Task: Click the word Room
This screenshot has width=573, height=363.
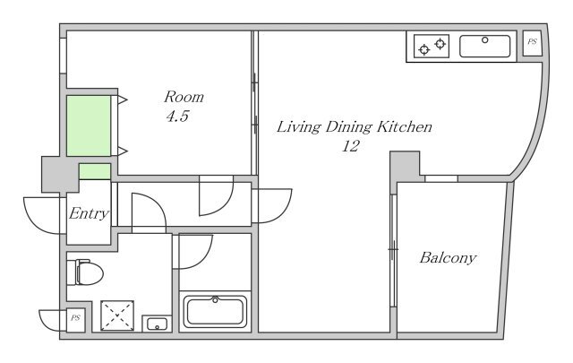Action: pos(184,97)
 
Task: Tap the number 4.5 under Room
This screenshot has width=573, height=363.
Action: pos(177,117)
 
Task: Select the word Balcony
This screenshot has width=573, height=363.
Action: pos(448,258)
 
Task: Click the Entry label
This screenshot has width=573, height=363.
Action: pos(89,213)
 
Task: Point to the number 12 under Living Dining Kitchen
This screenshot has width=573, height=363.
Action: pos(351,146)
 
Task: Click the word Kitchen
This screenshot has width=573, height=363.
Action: pos(405,127)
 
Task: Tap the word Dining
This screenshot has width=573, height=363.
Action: pos(348,127)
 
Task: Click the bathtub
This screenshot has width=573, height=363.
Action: pos(215,311)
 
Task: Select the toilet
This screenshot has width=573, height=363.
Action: pos(89,272)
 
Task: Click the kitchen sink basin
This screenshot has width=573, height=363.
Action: pos(484,46)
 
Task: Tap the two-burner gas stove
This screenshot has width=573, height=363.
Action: pos(432,46)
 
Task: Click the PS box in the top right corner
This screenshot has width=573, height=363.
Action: pos(532,43)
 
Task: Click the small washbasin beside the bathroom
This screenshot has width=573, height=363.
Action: pos(158,324)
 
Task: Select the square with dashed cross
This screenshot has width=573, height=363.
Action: pos(117,315)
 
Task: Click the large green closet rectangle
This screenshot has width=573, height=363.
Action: pos(89,125)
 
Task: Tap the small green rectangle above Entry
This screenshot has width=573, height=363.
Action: pos(95,171)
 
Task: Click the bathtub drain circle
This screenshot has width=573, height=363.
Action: pos(215,300)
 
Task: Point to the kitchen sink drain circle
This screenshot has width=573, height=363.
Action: pos(485,40)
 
